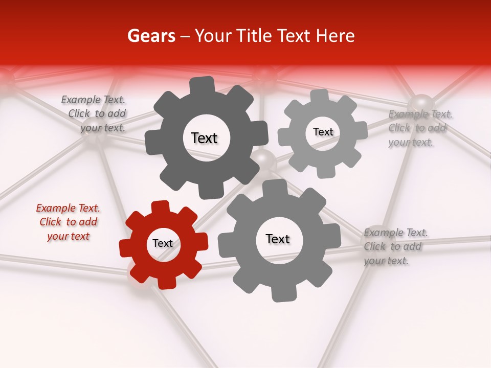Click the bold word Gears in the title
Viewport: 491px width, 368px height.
click(x=151, y=36)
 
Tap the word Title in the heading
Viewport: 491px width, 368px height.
click(x=256, y=36)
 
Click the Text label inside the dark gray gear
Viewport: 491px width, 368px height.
click(x=204, y=138)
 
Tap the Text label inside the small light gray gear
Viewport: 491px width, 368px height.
click(x=323, y=132)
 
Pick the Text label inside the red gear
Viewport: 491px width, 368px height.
click(x=163, y=243)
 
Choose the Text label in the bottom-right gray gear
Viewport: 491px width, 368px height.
click(x=277, y=239)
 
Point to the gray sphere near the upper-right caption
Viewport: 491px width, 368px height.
click(x=421, y=104)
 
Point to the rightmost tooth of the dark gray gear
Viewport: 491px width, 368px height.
click(x=260, y=132)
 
